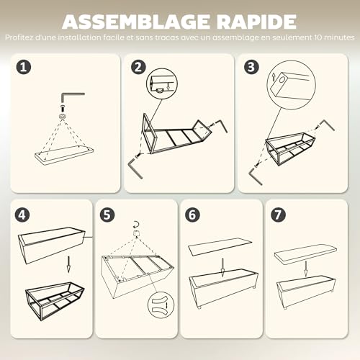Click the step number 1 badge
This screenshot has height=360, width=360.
pos(24,67)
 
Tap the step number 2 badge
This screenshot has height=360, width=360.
pos(138,67)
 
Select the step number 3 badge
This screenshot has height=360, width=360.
pos(251,67)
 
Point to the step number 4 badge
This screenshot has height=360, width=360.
pos(22,215)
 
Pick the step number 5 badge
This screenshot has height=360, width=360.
pos(107,215)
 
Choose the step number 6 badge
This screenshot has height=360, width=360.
pos(192,215)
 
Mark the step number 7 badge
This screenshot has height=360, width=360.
pos(278,215)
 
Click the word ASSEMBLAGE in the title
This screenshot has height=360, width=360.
pos(135,22)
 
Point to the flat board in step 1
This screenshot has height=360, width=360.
pos(64,155)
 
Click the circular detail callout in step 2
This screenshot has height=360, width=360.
pos(162,84)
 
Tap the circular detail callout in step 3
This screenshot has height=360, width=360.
pos(292,85)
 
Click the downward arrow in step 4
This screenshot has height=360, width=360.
pos(68,264)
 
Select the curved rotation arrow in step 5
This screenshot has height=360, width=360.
pos(136,225)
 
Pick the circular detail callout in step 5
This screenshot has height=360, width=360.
pos(161,305)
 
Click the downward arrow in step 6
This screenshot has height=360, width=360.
pos(222,267)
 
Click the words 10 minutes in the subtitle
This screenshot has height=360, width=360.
pos(333,37)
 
